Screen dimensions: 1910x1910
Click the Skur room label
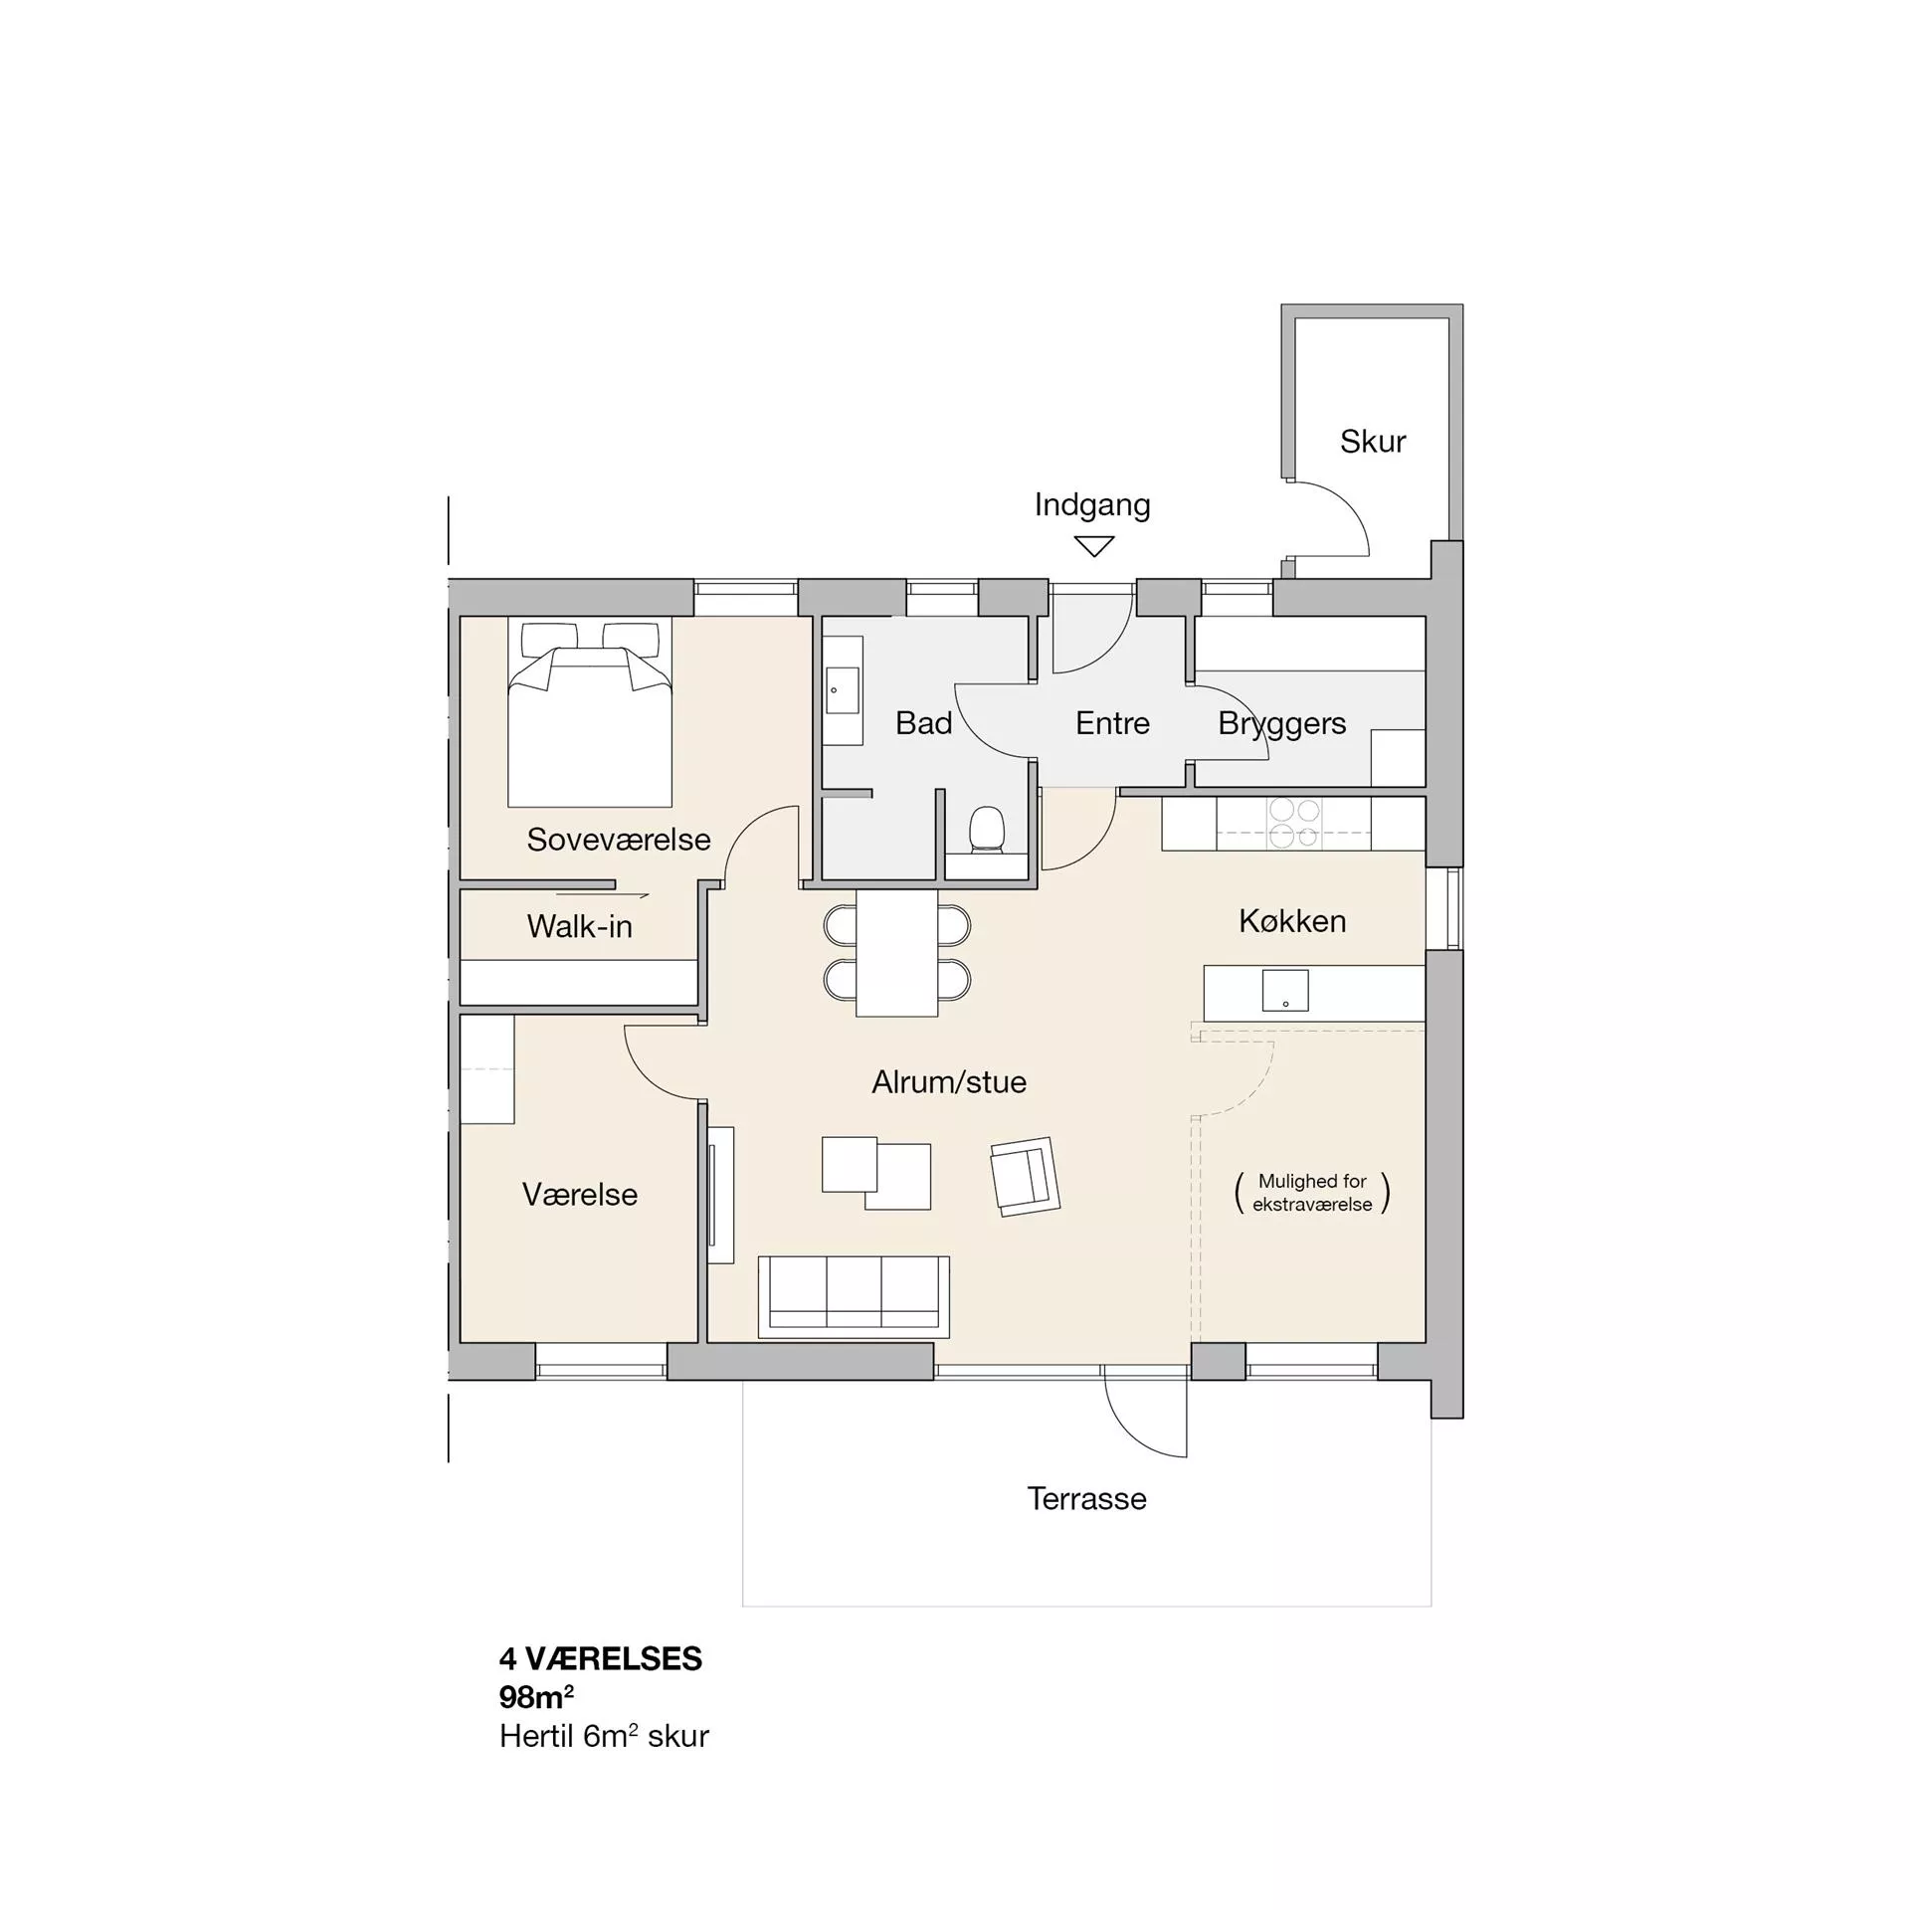pos(1373,441)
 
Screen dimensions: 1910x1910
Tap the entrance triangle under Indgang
pos(1093,546)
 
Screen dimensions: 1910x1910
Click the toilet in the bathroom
pos(987,830)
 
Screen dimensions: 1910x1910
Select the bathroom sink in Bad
pos(843,689)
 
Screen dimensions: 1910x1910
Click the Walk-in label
pos(579,926)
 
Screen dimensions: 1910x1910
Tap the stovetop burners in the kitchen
pos(1294,824)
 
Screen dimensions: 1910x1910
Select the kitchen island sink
pos(1285,991)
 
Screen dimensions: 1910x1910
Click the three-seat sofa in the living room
pos(854,1296)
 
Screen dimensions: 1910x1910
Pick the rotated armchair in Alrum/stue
pos(1025,1177)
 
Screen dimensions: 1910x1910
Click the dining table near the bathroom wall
pos(896,952)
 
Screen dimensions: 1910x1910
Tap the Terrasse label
pos(1086,1498)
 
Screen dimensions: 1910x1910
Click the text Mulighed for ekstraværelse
pos(1312,1192)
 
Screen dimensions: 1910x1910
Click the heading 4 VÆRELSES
pos(601,1658)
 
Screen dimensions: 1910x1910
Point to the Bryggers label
pos(1281,723)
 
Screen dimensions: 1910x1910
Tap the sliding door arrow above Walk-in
pos(602,895)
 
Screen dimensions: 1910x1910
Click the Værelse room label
pos(579,1194)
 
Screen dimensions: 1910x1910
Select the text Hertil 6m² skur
pos(604,1736)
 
